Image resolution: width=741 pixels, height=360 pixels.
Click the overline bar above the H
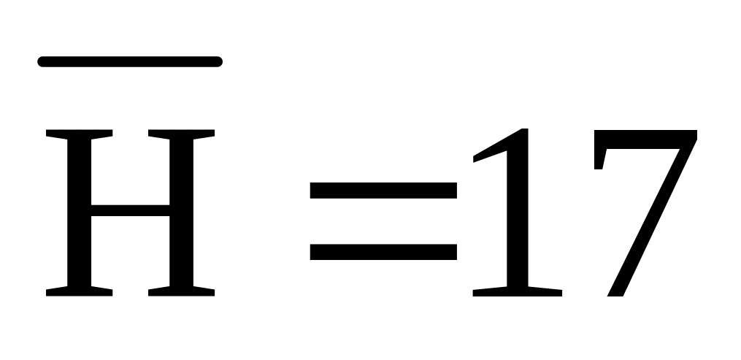[x=130, y=62]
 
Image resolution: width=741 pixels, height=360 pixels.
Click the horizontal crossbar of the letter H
[x=130, y=210]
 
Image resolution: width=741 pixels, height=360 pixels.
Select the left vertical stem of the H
[x=79, y=212]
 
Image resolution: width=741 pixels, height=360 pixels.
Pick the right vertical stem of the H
[x=182, y=212]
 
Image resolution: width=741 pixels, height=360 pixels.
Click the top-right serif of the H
[x=182, y=134]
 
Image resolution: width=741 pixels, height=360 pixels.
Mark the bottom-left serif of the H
[x=79, y=291]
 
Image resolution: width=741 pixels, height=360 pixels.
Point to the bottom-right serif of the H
[x=182, y=291]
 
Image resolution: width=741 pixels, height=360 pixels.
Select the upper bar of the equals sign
[x=383, y=191]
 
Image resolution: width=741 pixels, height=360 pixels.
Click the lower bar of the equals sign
[x=383, y=252]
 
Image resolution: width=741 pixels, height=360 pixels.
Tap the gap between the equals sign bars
[x=383, y=221]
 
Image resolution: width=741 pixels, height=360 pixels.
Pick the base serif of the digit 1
[x=518, y=291]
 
